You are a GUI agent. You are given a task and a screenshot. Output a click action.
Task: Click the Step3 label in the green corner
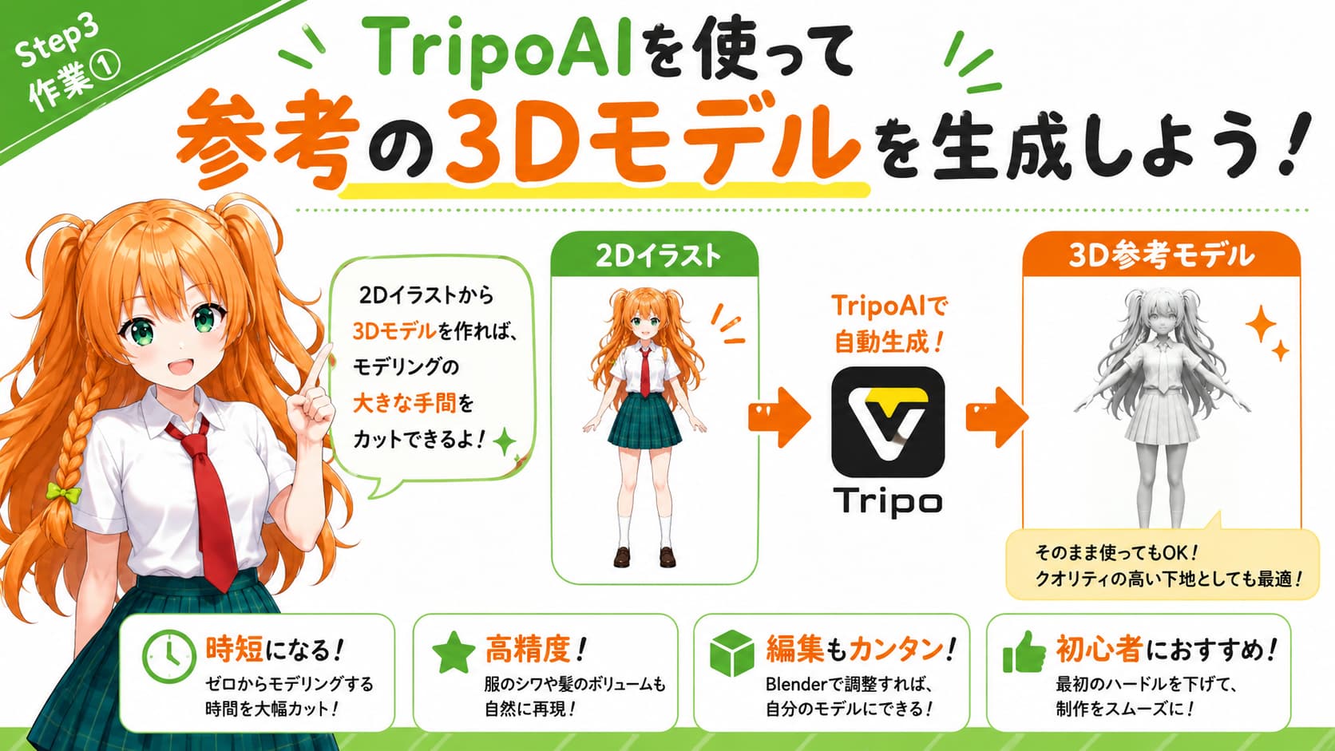[x=57, y=44]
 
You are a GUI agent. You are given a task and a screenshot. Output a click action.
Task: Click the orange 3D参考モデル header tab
[x=1161, y=255]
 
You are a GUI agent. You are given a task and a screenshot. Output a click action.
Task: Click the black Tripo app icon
[x=887, y=421]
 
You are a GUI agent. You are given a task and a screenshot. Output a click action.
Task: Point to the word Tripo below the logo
[x=887, y=502]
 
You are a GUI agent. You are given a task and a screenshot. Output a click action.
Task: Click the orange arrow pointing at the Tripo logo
[x=779, y=417]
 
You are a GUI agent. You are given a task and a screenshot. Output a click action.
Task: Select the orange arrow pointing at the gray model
[x=996, y=417]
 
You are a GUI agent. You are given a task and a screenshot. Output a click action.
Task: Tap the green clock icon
[x=169, y=656]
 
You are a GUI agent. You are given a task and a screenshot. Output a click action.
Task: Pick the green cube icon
[x=732, y=654]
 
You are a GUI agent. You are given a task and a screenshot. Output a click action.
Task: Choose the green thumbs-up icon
[x=1024, y=652]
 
